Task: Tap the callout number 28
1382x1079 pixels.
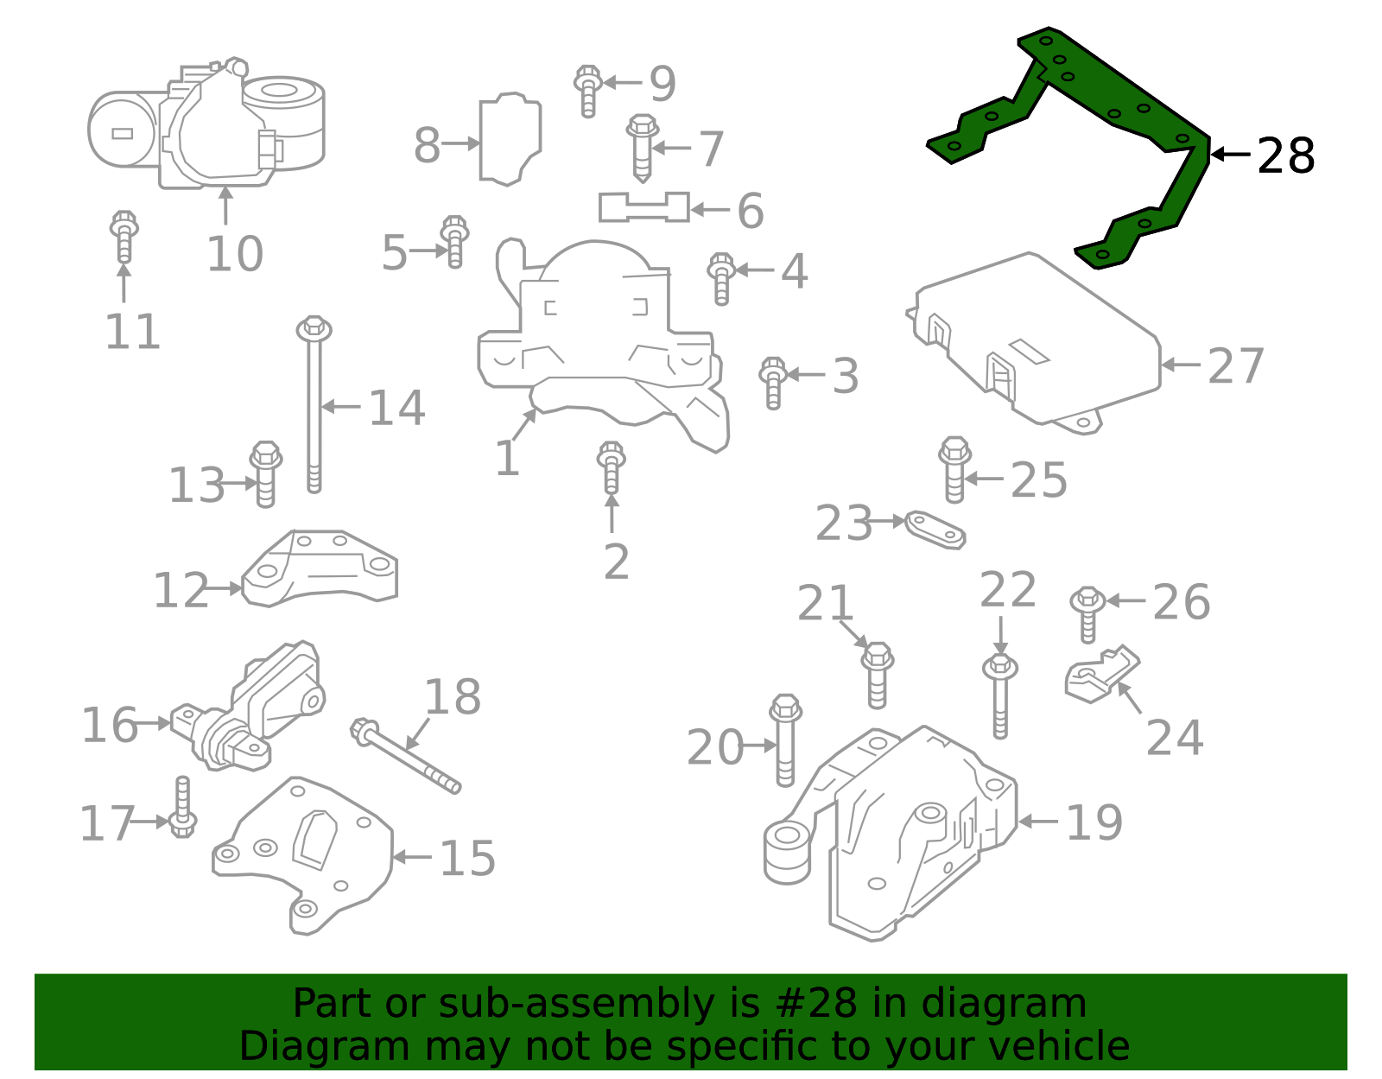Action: pyautogui.click(x=1285, y=156)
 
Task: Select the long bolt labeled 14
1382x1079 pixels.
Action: pyautogui.click(x=314, y=406)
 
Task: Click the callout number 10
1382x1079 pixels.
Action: pyautogui.click(x=234, y=254)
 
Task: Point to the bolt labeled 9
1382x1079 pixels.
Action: pyautogui.click(x=587, y=90)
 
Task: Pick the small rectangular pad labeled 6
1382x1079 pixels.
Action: pyautogui.click(x=643, y=207)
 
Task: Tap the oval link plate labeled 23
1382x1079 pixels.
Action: pyautogui.click(x=935, y=529)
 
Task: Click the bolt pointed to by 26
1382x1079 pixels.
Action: pyautogui.click(x=1087, y=612)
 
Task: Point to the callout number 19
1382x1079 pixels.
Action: pyautogui.click(x=1094, y=822)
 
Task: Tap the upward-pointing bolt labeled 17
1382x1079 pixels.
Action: pyautogui.click(x=182, y=808)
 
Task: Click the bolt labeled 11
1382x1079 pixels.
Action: pyautogui.click(x=124, y=236)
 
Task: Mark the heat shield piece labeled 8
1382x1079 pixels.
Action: pyautogui.click(x=510, y=138)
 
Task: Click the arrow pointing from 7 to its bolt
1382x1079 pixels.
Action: pyautogui.click(x=671, y=148)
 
